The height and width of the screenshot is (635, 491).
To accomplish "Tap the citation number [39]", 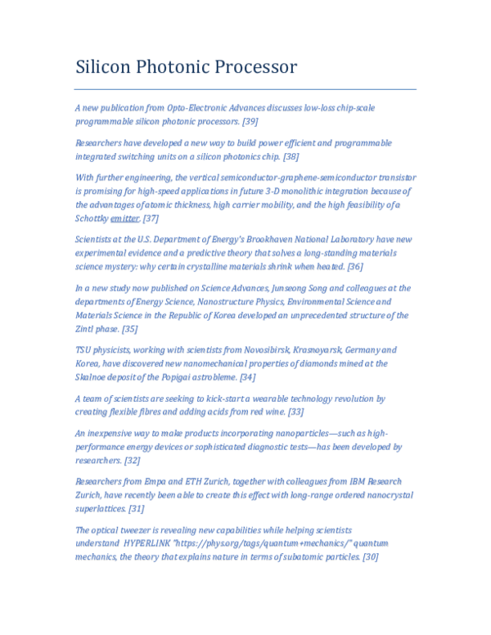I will pos(250,121).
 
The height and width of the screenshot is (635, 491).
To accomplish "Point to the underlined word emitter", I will pos(124,218).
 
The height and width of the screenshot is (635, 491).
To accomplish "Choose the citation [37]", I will pos(151,218).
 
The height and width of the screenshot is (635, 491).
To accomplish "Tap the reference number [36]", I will pos(355,267).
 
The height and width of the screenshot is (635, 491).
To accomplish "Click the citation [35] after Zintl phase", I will pos(130,329).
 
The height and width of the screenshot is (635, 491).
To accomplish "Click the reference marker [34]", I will pos(247,377).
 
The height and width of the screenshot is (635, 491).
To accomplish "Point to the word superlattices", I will pos(100,509).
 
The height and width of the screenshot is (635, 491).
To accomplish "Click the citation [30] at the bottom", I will pos(370,557).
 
